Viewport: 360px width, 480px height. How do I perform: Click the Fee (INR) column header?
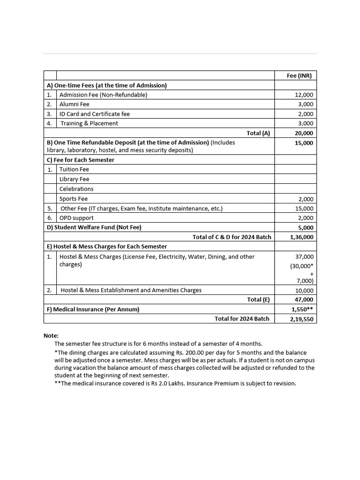point(299,75)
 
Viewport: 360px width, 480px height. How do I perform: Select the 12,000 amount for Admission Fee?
point(304,95)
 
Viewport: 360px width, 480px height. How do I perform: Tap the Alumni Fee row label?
point(74,104)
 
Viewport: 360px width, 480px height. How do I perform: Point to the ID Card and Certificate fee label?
point(94,114)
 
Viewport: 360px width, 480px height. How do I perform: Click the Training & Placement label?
point(89,123)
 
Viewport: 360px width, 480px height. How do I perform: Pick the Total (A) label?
point(258,133)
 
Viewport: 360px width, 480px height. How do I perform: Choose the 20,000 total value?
point(304,133)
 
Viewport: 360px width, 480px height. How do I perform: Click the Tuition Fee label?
point(74,169)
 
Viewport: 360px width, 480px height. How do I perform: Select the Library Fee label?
point(74,179)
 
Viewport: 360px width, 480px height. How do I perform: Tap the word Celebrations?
point(76,189)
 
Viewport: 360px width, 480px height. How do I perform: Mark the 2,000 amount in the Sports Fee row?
point(306,199)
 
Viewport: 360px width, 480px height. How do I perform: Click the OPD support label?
point(76,218)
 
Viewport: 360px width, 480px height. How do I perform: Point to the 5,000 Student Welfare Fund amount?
point(306,228)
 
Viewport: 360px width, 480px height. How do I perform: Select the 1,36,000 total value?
point(302,237)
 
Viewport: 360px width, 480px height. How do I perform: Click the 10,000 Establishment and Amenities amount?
point(304,290)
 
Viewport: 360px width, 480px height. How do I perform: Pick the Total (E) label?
point(258,300)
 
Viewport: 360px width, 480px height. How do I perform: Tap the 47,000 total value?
point(304,300)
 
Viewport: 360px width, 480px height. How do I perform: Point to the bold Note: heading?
point(51,336)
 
